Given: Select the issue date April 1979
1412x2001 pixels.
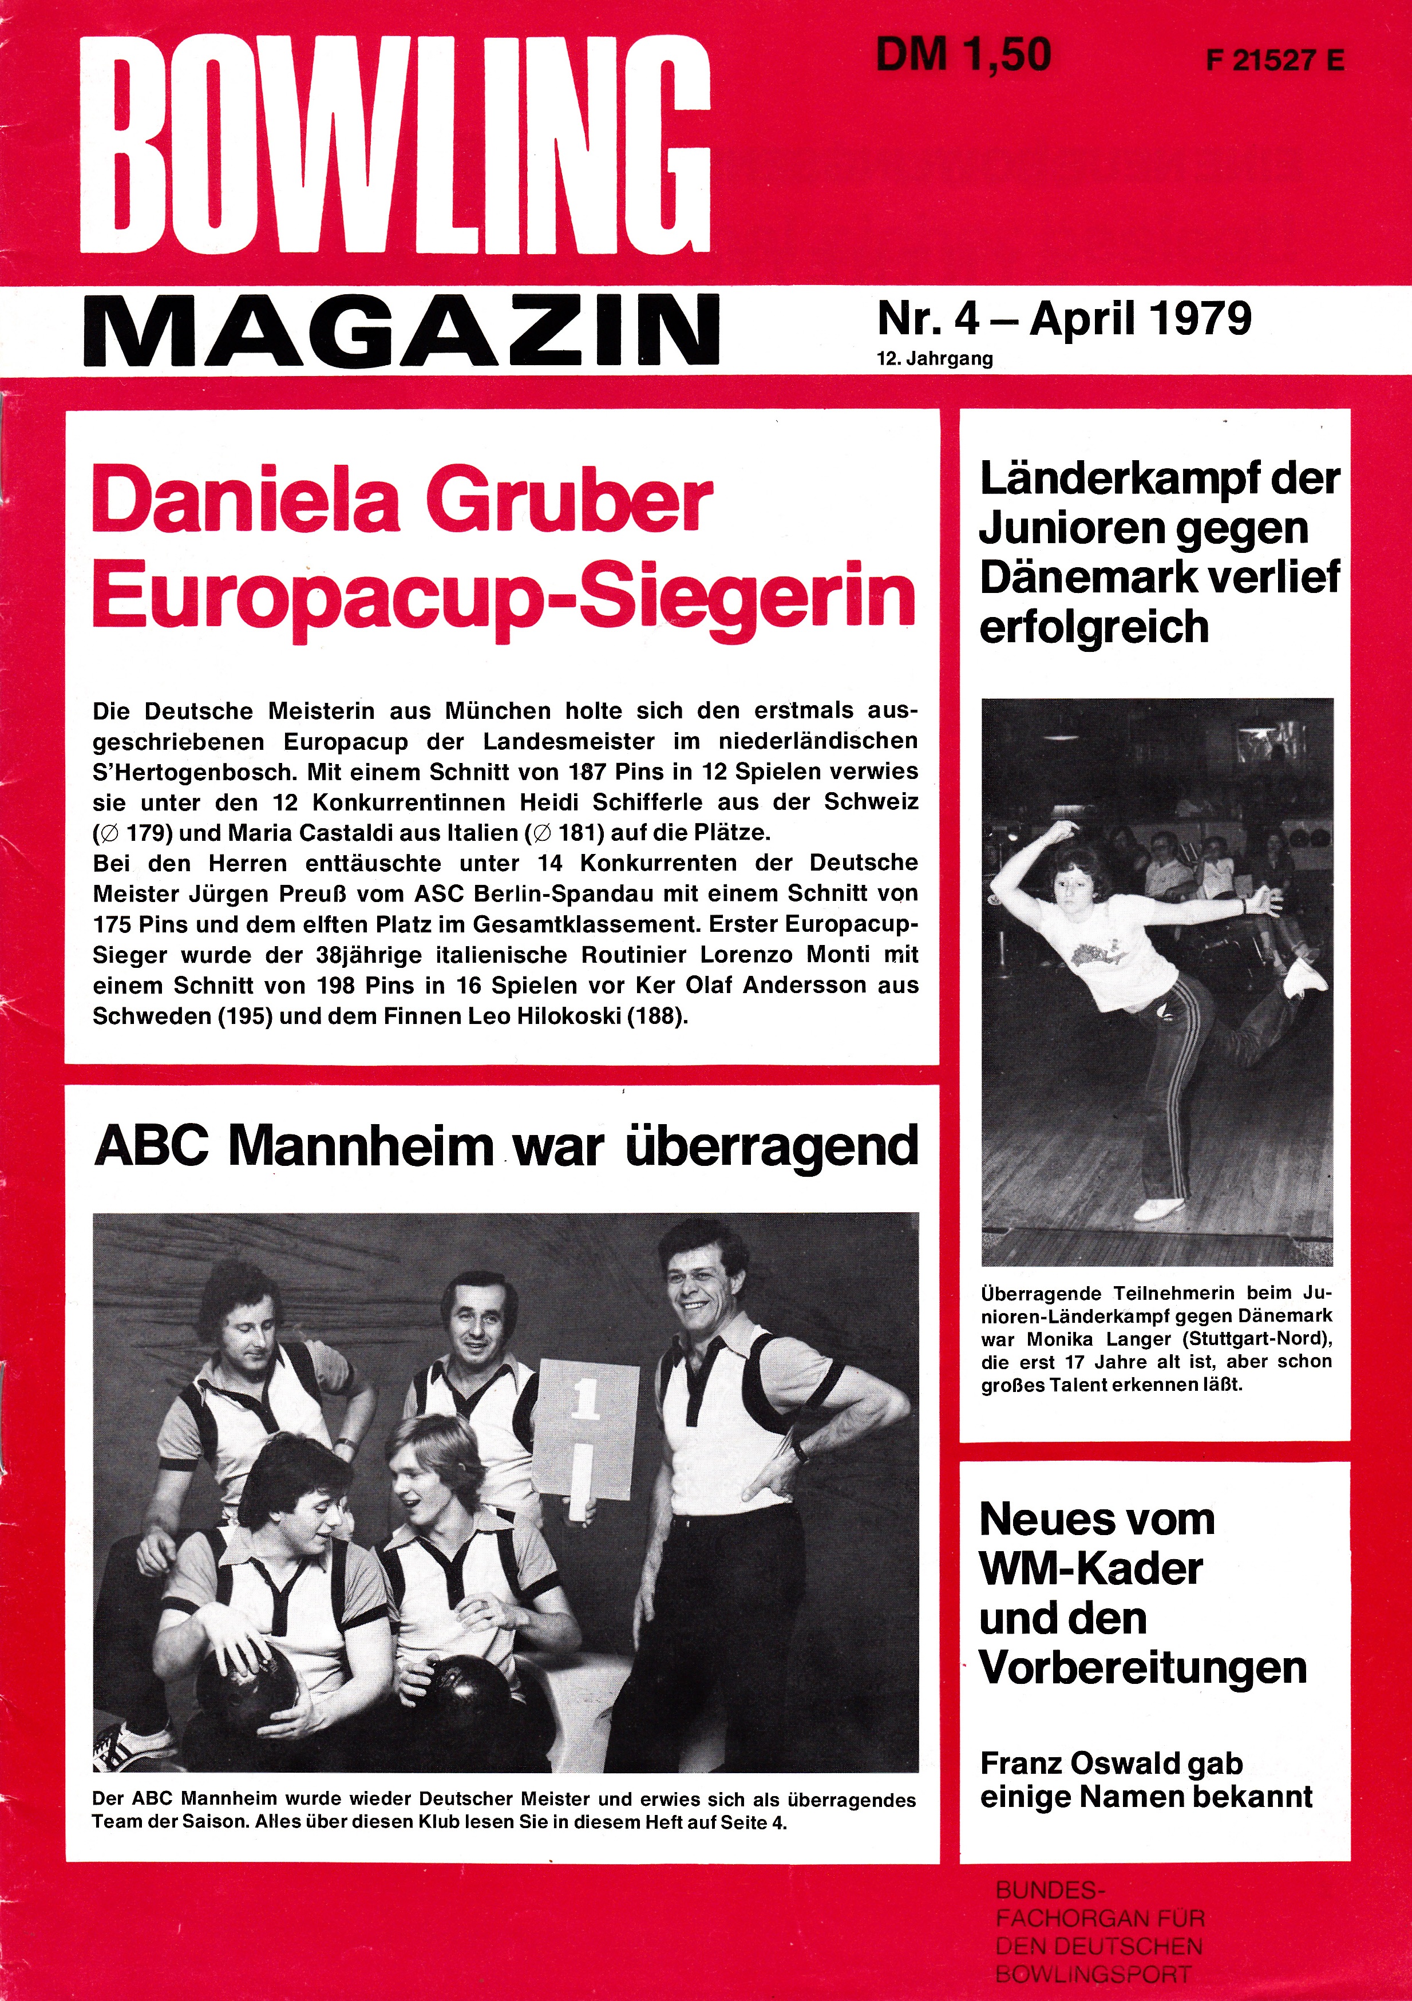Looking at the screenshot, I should [x=1140, y=319].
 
